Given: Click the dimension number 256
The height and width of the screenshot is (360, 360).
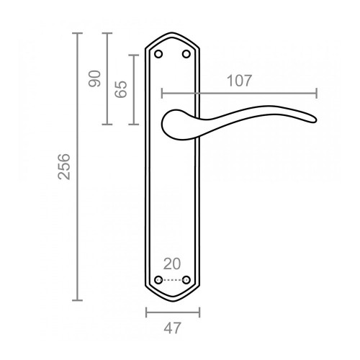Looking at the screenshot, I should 63,166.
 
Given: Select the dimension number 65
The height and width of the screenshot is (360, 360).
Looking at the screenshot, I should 121,89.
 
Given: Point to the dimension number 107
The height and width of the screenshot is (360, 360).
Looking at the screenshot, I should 239,81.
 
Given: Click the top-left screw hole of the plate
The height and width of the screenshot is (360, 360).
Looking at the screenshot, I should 159,53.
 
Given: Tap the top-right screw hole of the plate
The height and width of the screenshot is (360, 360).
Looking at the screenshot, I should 186,53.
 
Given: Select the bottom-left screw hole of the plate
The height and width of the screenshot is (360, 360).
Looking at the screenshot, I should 159,279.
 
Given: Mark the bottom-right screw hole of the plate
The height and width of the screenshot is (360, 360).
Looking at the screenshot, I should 186,279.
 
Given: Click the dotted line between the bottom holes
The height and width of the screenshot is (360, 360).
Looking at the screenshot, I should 173,279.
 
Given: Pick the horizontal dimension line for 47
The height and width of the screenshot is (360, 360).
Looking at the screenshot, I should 173,312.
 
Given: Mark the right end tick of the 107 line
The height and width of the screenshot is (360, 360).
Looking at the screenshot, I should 316,93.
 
